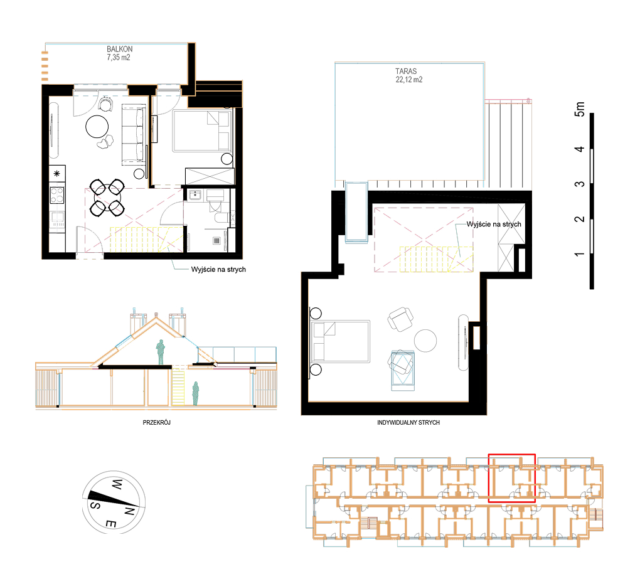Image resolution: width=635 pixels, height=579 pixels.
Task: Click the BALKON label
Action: click(x=119, y=49)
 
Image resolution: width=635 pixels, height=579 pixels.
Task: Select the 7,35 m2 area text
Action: click(x=119, y=58)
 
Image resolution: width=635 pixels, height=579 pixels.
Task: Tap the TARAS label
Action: click(x=406, y=72)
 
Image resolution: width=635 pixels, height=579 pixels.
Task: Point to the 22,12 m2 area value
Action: click(x=409, y=80)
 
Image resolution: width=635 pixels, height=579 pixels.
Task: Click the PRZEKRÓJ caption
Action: click(x=157, y=422)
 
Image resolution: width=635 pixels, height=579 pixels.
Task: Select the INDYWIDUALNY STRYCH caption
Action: click(x=408, y=422)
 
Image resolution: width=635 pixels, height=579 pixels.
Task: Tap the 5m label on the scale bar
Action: click(x=580, y=109)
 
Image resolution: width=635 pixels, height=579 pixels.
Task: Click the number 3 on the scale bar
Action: click(x=580, y=184)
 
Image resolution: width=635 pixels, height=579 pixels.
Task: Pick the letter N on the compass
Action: click(x=129, y=511)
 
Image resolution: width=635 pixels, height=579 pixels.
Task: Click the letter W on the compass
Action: click(x=117, y=484)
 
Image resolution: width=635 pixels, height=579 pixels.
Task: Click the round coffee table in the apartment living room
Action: click(x=97, y=127)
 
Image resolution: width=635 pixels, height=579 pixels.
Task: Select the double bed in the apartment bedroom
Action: click(x=203, y=130)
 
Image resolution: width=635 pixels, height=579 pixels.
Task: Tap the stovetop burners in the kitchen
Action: click(x=57, y=194)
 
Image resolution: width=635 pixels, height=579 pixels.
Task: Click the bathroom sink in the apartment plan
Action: click(x=195, y=195)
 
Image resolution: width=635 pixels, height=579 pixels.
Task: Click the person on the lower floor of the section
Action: click(x=196, y=393)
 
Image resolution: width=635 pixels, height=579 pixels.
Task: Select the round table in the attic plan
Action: click(x=425, y=341)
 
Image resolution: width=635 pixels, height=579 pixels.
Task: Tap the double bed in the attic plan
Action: click(x=340, y=341)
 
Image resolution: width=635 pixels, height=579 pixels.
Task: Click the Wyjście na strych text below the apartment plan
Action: click(x=218, y=270)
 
